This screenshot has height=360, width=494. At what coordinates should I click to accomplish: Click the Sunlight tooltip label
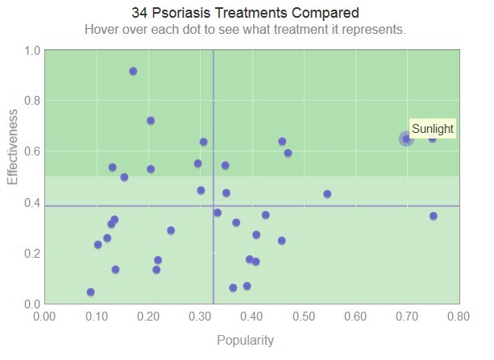coord(433,129)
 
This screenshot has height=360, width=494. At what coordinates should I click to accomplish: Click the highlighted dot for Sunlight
coord(407,139)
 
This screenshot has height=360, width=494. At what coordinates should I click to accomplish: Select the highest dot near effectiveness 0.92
coord(133,71)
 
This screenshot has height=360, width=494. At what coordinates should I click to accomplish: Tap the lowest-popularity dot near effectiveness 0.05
coord(90,292)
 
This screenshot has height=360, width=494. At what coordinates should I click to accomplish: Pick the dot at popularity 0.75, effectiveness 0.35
coord(434,216)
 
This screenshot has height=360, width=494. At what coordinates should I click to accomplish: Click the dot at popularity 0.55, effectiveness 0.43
coord(327,194)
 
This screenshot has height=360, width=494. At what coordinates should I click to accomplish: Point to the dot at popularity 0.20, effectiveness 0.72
coord(151,121)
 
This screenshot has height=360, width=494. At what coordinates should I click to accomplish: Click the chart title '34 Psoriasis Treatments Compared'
coord(245,14)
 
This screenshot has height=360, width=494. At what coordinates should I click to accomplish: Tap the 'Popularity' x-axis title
coord(245,340)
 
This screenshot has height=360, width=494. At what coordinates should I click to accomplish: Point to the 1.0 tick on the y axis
coord(32,51)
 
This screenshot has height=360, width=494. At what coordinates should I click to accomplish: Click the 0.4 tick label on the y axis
coord(32,203)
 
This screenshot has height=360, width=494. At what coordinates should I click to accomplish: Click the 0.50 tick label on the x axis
coord(304,317)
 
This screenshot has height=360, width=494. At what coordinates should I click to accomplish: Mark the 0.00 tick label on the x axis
coord(45,317)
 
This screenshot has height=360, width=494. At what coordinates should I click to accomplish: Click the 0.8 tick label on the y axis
coord(32,101)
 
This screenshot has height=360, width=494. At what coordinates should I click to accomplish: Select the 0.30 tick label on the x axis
coord(201,317)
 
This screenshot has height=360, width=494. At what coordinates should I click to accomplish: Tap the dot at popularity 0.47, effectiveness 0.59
coord(288,153)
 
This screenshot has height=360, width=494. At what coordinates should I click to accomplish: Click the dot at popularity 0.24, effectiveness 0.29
coord(171,230)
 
